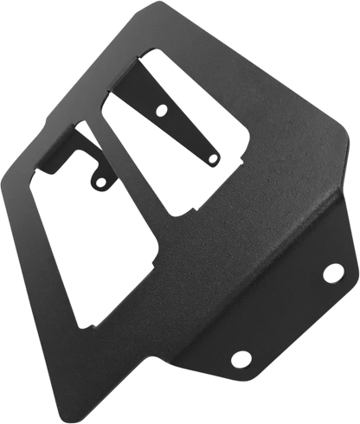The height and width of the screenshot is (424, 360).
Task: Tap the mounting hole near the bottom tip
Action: pos(240,358)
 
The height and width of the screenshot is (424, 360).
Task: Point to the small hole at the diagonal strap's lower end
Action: pos(212,157)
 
